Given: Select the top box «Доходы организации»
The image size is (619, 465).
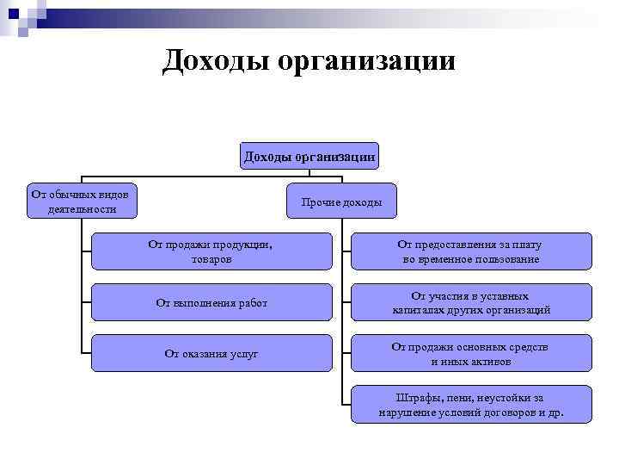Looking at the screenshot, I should (x=309, y=156).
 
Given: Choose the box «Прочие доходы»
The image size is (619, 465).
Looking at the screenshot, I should (x=341, y=202).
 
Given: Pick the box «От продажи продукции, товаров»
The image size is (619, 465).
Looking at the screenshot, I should (x=211, y=251).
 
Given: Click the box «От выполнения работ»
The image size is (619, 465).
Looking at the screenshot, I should (x=211, y=302).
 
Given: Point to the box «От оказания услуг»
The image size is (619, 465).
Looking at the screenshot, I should (x=211, y=354).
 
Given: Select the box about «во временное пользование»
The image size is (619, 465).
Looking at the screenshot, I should (x=471, y=251).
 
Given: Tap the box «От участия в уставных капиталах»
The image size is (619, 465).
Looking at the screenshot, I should (x=471, y=302).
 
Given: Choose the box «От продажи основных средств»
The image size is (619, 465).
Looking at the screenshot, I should (x=471, y=354).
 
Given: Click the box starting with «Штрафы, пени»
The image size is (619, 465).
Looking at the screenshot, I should (x=471, y=405).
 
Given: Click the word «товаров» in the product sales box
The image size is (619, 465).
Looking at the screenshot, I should (x=211, y=258).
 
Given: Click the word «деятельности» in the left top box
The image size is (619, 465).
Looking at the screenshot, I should (x=83, y=208).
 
